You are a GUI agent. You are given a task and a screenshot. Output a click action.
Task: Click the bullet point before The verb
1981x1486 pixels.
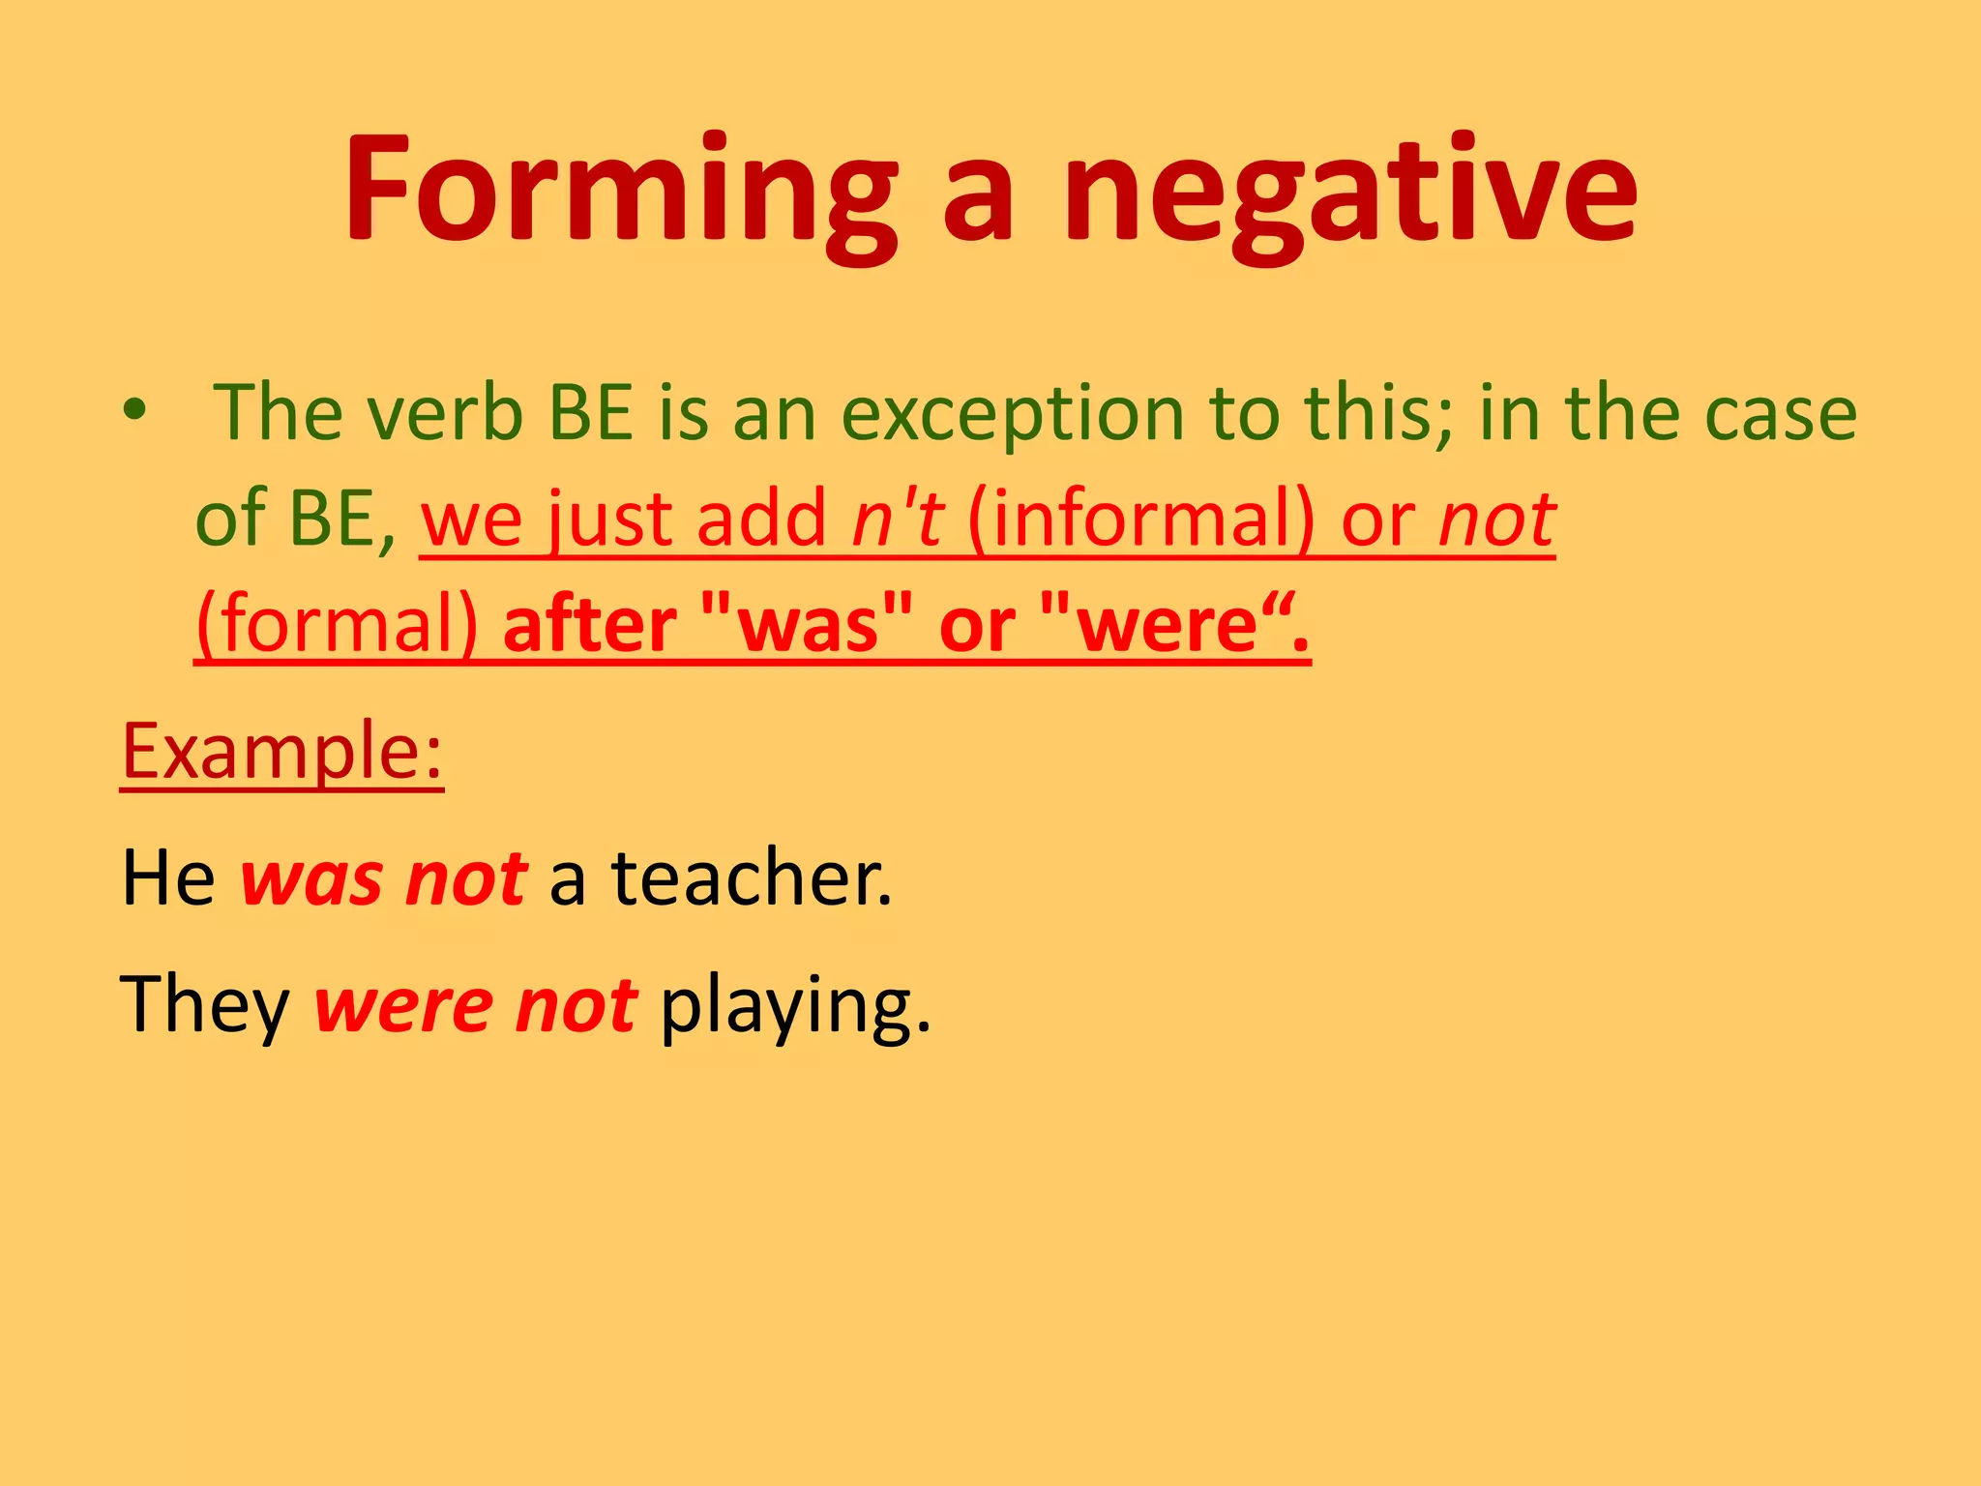134,410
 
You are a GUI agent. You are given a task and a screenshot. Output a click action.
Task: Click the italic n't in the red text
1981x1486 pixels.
896,520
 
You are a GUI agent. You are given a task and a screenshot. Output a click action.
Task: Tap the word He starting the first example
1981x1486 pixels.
167,877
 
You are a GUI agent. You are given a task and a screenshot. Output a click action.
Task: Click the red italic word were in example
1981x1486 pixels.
403,1006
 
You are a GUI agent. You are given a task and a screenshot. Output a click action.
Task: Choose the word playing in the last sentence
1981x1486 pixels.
794,1006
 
